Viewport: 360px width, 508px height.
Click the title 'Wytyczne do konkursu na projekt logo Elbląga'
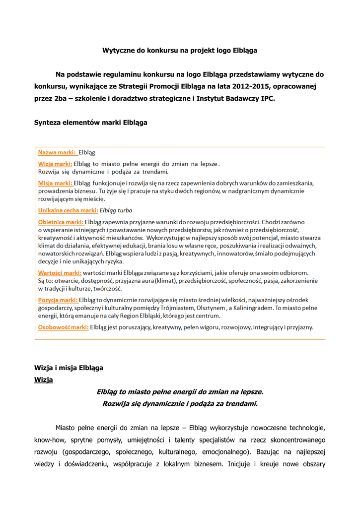(180, 51)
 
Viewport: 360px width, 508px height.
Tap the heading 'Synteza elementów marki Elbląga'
(91, 122)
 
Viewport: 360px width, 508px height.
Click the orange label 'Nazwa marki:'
(57, 153)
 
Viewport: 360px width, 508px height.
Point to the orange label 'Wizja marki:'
(55, 164)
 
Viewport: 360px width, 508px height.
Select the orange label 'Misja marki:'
(55, 183)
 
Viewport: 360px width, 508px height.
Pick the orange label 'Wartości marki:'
(60, 272)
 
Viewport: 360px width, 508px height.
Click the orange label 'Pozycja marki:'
(58, 300)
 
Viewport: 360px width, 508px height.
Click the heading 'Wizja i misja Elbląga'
(69, 368)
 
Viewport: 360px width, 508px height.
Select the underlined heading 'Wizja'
(43, 380)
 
